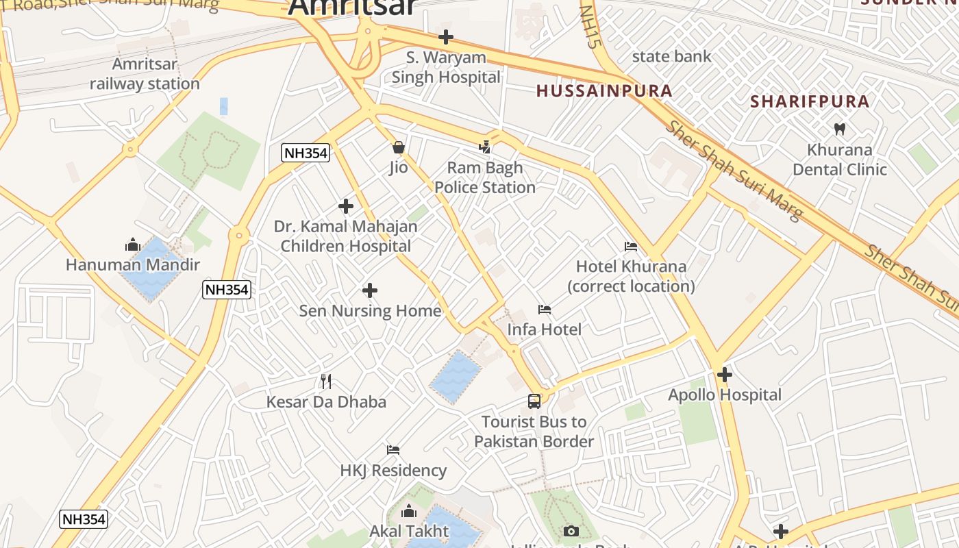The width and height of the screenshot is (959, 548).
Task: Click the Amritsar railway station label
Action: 145,74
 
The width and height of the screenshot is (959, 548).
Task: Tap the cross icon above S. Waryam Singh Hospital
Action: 446,36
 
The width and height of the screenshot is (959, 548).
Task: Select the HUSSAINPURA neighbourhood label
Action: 604,90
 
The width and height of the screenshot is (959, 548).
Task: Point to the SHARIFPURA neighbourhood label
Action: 810,101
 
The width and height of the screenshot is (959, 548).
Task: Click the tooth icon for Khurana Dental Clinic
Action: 840,129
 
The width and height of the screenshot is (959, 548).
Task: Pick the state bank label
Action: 671,56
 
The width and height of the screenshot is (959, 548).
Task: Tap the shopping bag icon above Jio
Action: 399,147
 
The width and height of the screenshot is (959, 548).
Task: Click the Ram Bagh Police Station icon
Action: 485,147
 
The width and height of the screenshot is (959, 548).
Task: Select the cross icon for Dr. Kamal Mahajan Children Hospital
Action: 346,206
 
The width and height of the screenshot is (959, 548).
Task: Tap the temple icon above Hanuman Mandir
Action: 133,245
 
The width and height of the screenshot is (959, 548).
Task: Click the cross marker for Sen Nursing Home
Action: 370,290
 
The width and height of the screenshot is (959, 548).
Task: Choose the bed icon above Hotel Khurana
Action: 631,246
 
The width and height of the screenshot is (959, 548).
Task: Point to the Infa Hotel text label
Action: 544,329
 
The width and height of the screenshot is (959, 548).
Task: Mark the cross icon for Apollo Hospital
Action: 725,375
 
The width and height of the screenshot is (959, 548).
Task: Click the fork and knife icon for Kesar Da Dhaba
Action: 326,382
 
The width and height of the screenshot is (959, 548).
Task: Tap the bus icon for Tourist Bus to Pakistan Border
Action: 534,401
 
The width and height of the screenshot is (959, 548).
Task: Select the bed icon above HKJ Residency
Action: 393,450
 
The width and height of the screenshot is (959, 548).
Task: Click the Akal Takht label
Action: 409,531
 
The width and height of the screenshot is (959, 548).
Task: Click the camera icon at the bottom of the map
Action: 571,531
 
